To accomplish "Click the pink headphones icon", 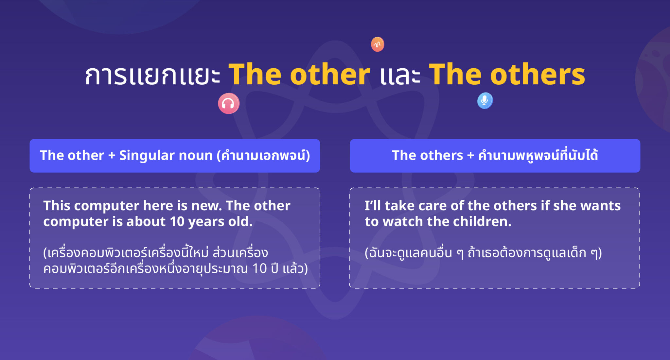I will pyautogui.click(x=228, y=104).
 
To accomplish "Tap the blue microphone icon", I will pyautogui.click(x=485, y=100).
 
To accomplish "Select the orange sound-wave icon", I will pyautogui.click(x=378, y=44).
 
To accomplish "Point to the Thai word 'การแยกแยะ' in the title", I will pyautogui.click(x=152, y=76).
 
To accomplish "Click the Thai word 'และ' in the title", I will pyautogui.click(x=400, y=76).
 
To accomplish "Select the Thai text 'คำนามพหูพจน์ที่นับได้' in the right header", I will pyautogui.click(x=538, y=155).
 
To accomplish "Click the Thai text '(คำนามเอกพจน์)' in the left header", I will pyautogui.click(x=263, y=155).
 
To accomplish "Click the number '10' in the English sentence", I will pyautogui.click(x=177, y=222).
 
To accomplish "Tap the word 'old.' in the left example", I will pyautogui.click(x=240, y=222).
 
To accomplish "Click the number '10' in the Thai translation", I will pyautogui.click(x=259, y=268).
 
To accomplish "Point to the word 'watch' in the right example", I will pyautogui.click(x=403, y=222).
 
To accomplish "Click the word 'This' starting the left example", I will pyautogui.click(x=57, y=206).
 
